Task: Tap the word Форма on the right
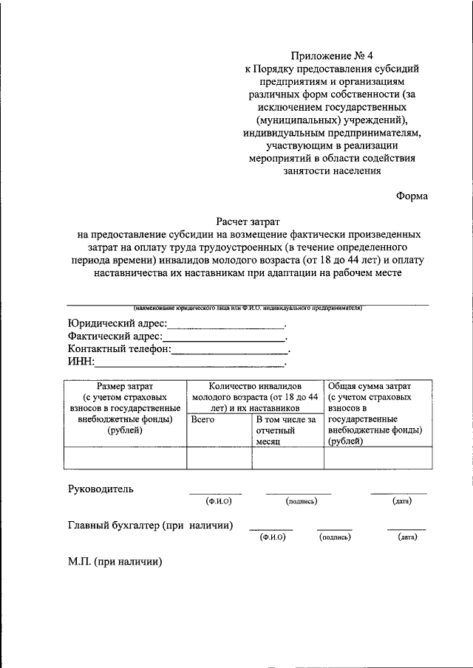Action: pyautogui.click(x=411, y=196)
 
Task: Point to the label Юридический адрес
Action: pyautogui.click(x=117, y=323)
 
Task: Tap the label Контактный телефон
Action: pyautogui.click(x=119, y=349)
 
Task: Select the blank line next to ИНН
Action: pyautogui.click(x=190, y=362)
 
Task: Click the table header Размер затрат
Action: pyautogui.click(x=124, y=386)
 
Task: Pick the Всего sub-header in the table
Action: pyautogui.click(x=203, y=419)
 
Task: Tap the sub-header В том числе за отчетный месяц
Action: pyautogui.click(x=286, y=429)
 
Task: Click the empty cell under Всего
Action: pyautogui.click(x=219, y=458)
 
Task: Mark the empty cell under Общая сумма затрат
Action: pyautogui.click(x=378, y=458)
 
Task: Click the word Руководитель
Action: pyautogui.click(x=101, y=489)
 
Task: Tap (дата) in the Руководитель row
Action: pyautogui.click(x=401, y=501)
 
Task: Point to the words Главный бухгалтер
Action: pyautogui.click(x=114, y=526)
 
